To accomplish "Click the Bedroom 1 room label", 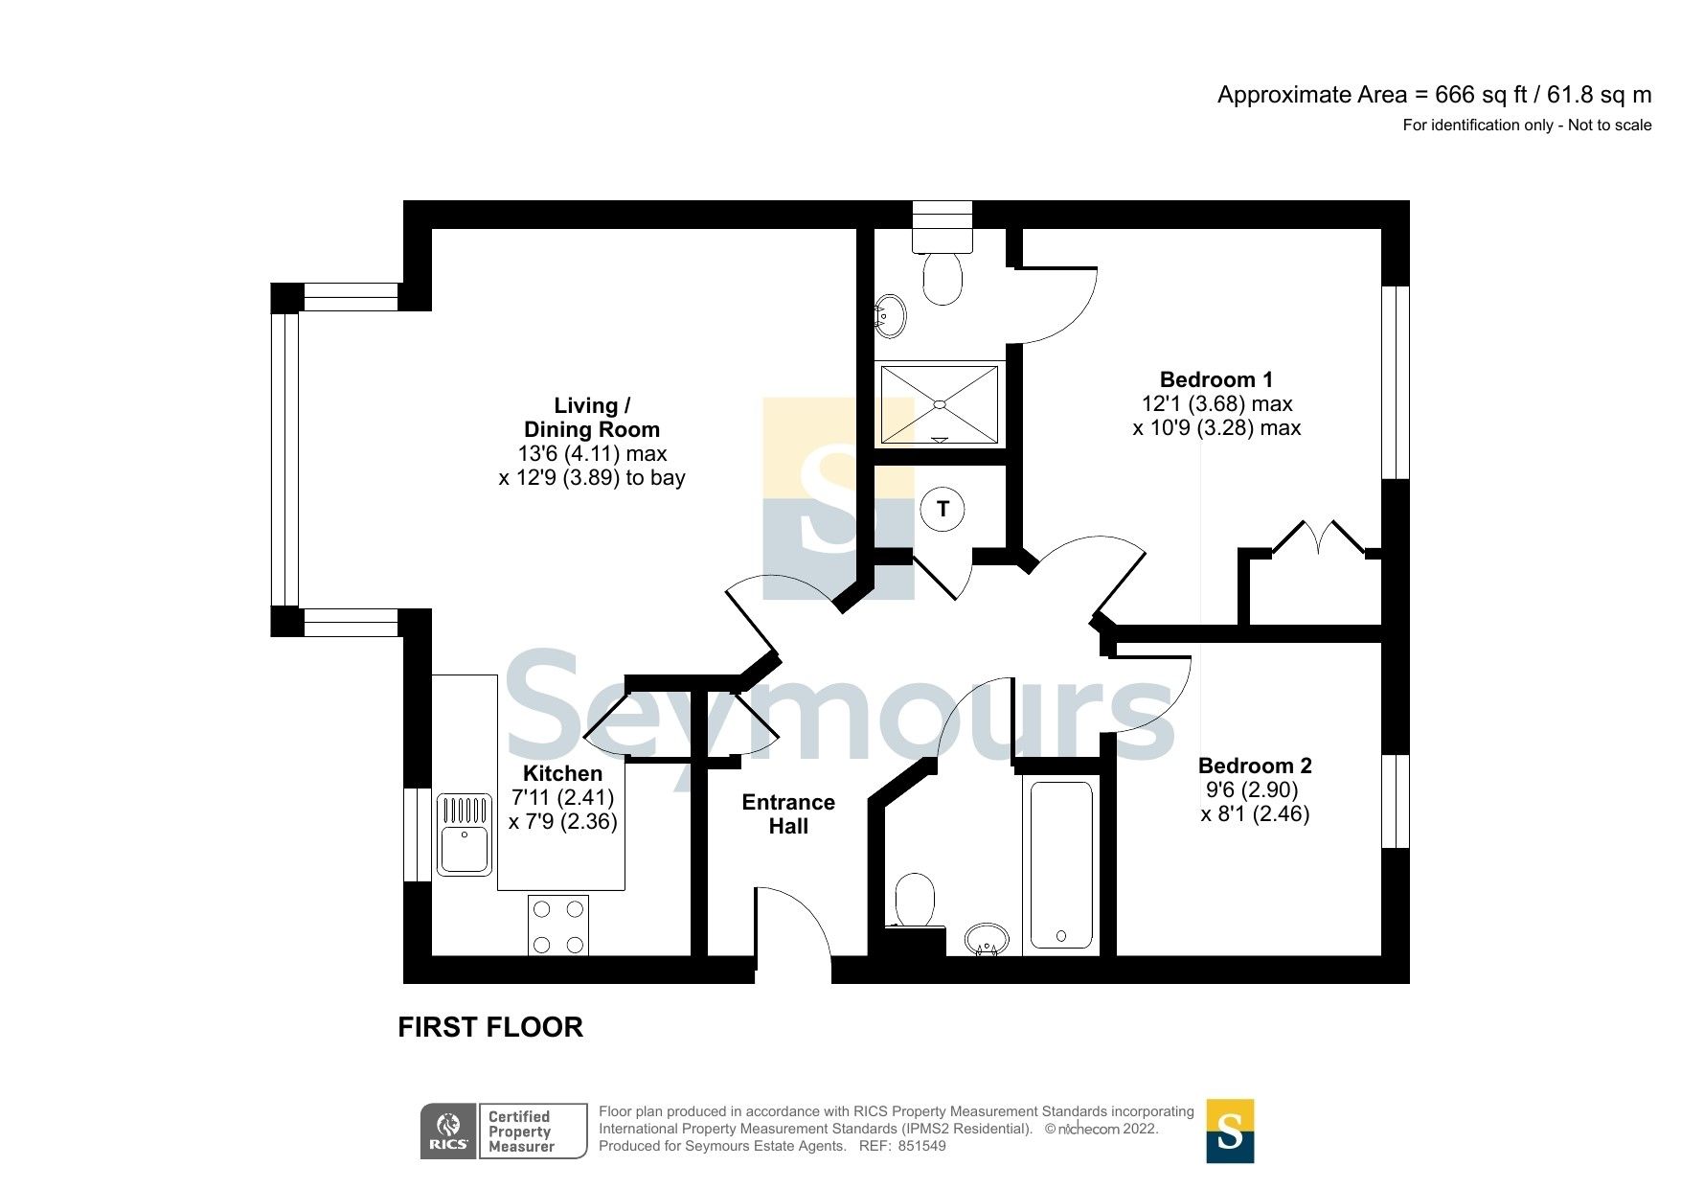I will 1215,380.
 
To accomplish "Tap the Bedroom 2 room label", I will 1255,766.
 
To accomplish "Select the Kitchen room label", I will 562,774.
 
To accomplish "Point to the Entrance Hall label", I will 788,814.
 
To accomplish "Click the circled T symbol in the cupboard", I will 943,510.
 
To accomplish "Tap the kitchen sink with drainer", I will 465,835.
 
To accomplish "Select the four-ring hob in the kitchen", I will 558,926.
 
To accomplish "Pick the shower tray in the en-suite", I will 939,405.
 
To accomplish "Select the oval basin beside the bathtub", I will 986,939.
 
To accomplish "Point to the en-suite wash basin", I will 890,315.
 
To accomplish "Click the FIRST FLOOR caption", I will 490,1028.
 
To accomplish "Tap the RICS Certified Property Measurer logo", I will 504,1132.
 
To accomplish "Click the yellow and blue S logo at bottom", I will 1230,1132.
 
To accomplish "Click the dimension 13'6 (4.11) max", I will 592,454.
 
